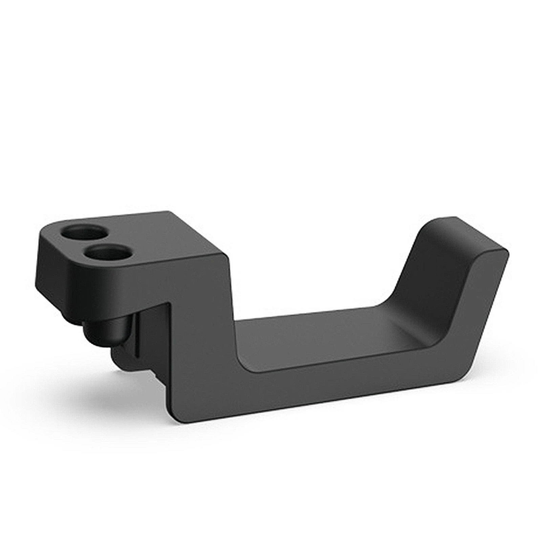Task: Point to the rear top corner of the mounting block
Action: pos(169,213)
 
